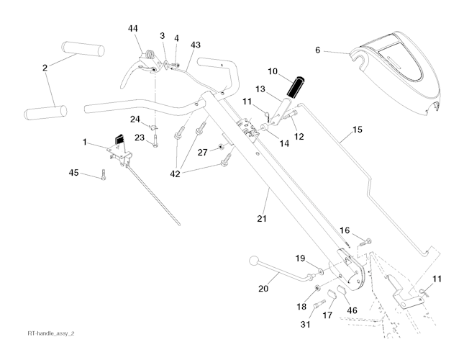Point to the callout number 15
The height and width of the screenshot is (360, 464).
coord(358,131)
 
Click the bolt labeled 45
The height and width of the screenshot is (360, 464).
coord(104,174)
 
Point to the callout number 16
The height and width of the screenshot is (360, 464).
coord(345,230)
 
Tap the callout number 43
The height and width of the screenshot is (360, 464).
coord(195,45)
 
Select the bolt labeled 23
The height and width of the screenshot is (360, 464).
coord(155,144)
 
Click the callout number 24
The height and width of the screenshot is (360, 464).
coord(135,119)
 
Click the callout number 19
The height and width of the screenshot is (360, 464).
coord(300,257)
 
